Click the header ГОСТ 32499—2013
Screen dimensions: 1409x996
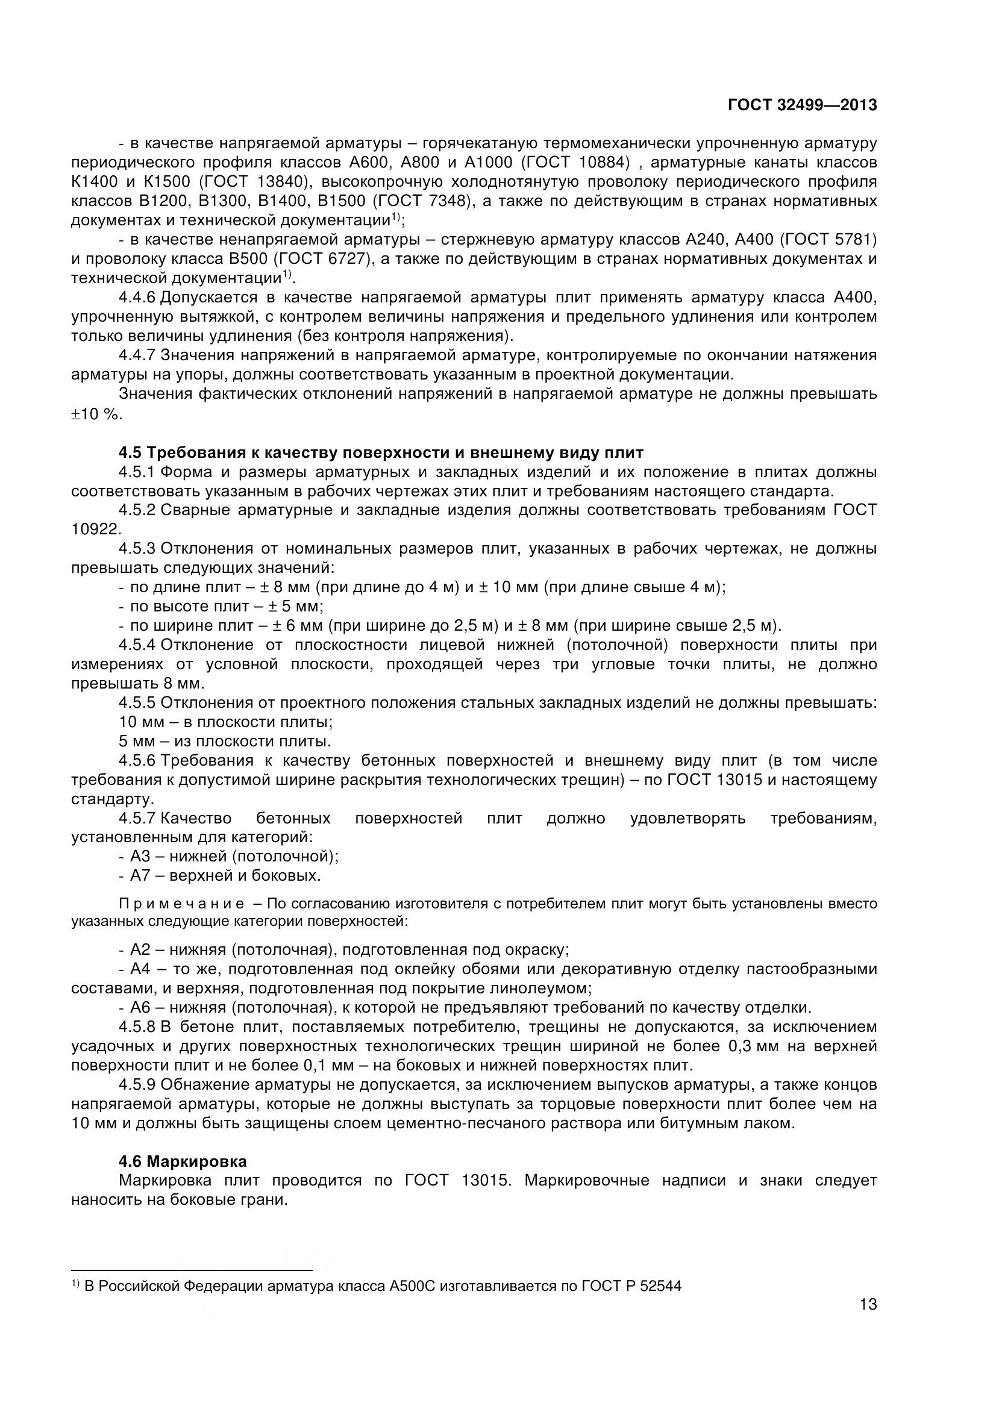[801, 105]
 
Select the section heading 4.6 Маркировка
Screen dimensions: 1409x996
[183, 1161]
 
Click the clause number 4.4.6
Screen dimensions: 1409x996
[139, 298]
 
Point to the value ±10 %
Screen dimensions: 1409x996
[96, 414]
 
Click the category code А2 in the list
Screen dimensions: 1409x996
[140, 950]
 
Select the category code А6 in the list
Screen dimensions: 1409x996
[140, 1008]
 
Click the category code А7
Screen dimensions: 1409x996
[140, 875]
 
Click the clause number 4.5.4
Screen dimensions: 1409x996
[139, 645]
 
